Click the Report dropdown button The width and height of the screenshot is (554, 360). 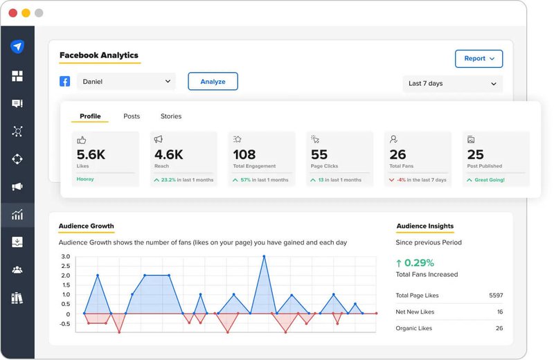pos(479,59)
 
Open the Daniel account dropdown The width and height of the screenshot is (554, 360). pos(126,82)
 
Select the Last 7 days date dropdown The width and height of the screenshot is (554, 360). pos(452,84)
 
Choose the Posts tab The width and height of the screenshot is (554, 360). pos(132,116)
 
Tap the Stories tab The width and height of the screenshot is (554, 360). pos(171,116)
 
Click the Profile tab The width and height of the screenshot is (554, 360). pos(90,116)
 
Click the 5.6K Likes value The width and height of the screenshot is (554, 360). pos(91,154)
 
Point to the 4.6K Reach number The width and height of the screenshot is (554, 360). pos(168,154)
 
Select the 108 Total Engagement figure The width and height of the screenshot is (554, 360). pos(244,154)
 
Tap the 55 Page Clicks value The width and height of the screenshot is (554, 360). pos(319,154)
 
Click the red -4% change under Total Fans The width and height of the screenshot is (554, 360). pos(401,180)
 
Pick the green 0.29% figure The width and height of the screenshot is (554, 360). pos(420,262)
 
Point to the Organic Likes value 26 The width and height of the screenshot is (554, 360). pos(499,328)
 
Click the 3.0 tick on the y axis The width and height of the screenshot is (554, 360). pos(65,257)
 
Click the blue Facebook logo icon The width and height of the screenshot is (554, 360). pos(64,82)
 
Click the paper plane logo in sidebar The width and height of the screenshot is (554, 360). pos(17,46)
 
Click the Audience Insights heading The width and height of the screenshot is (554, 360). pos(425,226)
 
